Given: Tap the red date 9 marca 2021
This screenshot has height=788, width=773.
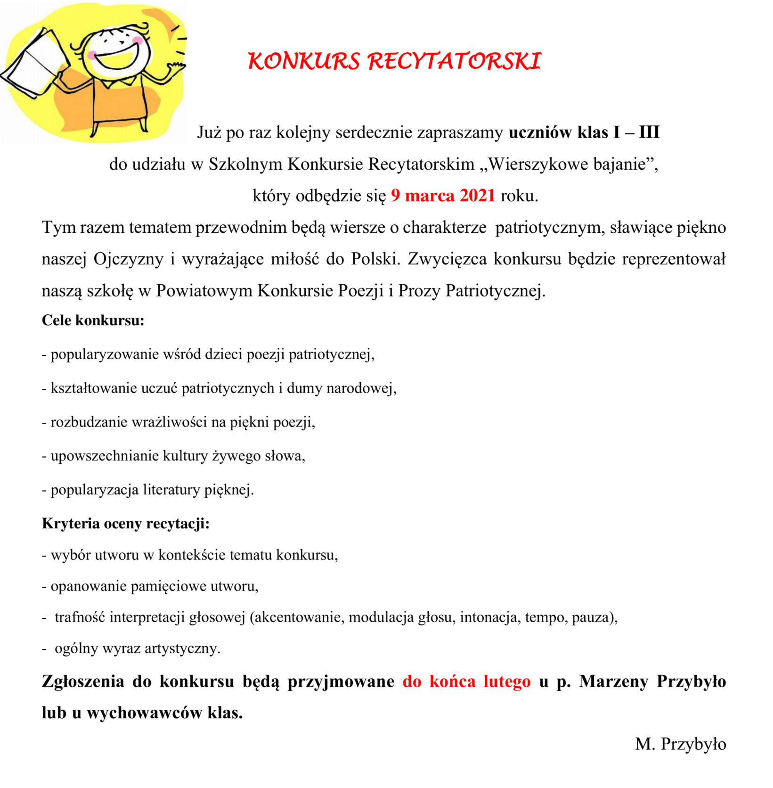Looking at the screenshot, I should (x=443, y=196).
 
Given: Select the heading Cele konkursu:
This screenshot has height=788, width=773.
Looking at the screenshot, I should (x=93, y=320).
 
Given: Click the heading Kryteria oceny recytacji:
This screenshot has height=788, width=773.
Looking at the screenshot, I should (x=125, y=524).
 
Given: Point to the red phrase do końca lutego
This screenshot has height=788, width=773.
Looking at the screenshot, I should (x=466, y=681).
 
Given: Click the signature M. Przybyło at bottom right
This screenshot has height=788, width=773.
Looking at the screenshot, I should (x=680, y=744).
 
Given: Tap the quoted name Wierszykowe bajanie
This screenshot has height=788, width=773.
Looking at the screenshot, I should (x=567, y=164).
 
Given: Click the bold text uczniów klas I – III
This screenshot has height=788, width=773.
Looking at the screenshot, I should (x=584, y=132).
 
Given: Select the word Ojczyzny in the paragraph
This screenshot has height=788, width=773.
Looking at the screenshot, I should (x=128, y=259).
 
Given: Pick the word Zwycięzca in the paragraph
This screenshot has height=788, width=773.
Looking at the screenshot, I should (x=447, y=259).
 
